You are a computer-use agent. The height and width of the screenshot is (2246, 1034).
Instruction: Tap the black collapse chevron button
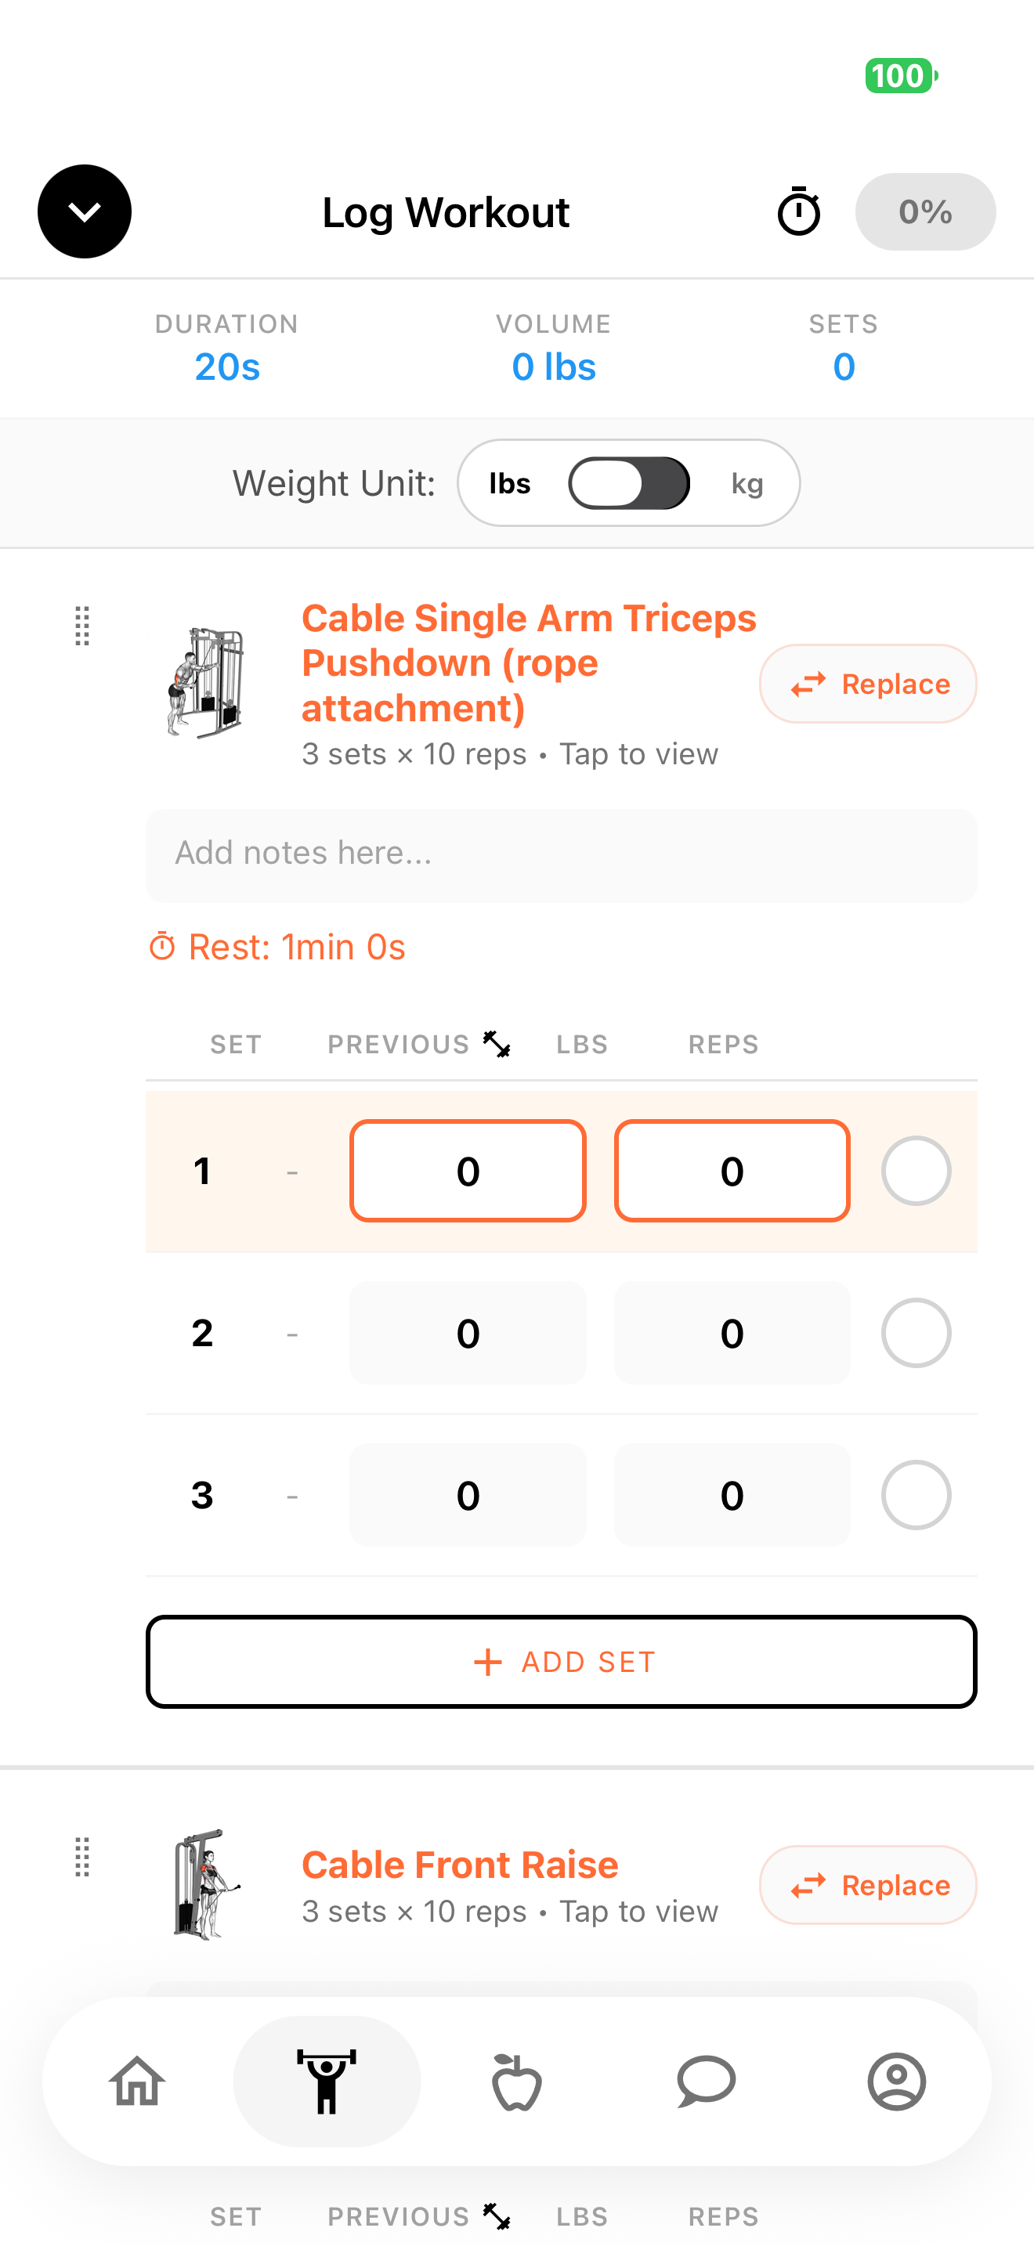[x=85, y=211]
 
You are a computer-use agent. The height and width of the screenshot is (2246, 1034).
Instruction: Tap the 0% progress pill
[x=925, y=212]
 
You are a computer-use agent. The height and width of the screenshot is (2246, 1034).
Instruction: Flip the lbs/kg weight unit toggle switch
[x=628, y=483]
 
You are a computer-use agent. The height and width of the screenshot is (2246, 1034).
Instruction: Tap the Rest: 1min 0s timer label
[x=277, y=947]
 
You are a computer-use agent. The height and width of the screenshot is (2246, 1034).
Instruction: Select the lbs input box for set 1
[x=468, y=1170]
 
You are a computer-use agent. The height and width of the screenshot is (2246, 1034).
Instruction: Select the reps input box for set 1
[x=732, y=1170]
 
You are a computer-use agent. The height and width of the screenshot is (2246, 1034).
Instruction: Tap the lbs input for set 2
[x=468, y=1332]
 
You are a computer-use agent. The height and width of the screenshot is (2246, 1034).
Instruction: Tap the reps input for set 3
[x=732, y=1494]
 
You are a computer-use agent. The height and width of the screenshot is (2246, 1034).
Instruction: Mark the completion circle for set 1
[x=916, y=1170]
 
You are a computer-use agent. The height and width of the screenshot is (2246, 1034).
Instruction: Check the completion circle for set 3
[x=916, y=1494]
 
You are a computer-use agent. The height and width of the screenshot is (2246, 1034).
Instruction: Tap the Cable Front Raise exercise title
[x=461, y=1864]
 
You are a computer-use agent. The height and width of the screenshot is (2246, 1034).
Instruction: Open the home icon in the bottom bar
[x=137, y=2082]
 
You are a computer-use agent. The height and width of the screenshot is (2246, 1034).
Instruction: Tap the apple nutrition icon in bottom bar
[x=517, y=2082]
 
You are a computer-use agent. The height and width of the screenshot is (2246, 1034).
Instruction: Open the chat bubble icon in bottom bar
[x=707, y=2082]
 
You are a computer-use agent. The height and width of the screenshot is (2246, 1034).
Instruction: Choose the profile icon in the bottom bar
[x=896, y=2082]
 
